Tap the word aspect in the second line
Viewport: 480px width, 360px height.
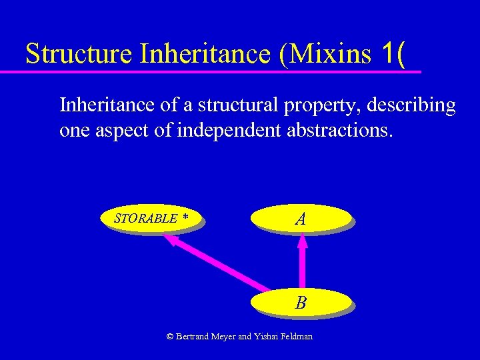pyautogui.click(x=129, y=130)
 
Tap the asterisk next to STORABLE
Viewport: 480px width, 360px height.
pyautogui.click(x=185, y=218)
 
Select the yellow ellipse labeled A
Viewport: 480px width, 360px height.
pyautogui.click(x=301, y=218)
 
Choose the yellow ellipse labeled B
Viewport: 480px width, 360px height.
pyautogui.click(x=301, y=303)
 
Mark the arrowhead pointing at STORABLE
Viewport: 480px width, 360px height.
pyautogui.click(x=171, y=241)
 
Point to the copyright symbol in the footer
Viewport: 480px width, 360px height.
pyautogui.click(x=170, y=337)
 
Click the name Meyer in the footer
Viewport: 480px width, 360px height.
pyautogui.click(x=222, y=337)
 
